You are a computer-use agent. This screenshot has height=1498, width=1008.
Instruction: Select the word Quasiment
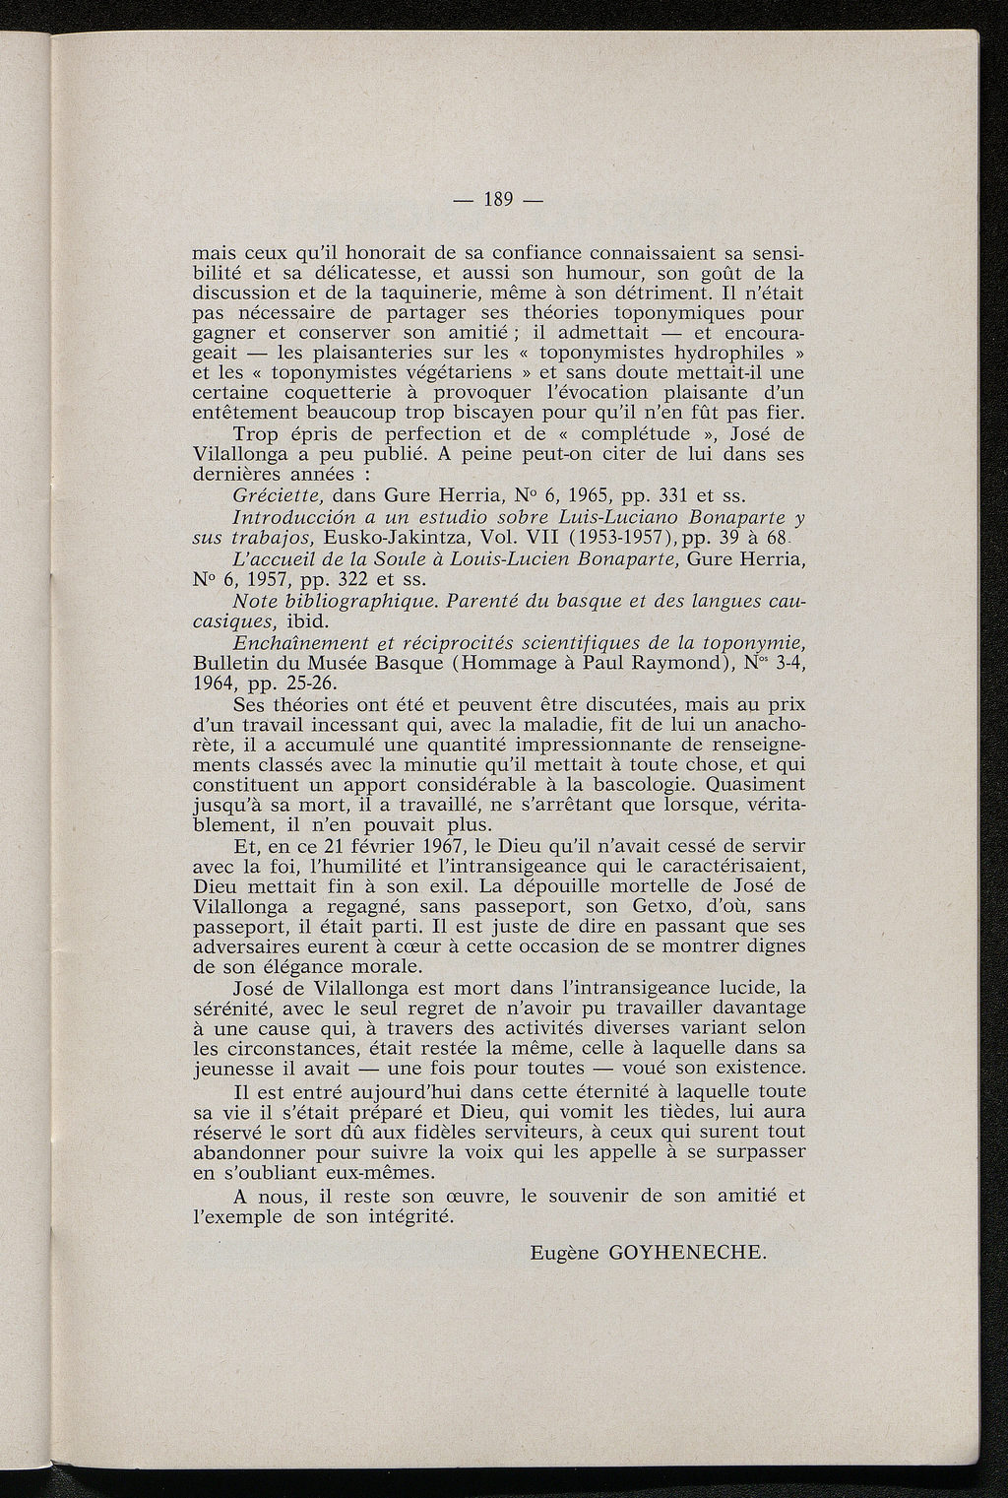758,784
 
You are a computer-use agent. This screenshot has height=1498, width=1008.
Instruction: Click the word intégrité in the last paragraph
408,1216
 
